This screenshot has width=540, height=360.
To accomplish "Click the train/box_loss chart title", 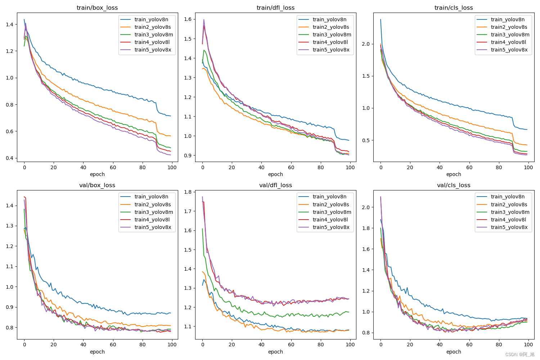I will [x=97, y=8].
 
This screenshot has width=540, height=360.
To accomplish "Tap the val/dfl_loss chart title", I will [x=275, y=185].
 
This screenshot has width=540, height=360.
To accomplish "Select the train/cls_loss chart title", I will [x=454, y=8].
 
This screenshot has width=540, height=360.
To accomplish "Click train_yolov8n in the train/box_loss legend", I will [x=151, y=19].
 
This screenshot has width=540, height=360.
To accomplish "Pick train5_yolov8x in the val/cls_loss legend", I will [x=509, y=227].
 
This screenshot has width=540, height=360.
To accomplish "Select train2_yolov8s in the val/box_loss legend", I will [x=153, y=204].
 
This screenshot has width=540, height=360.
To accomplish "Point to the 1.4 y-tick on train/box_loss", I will [x=9, y=24].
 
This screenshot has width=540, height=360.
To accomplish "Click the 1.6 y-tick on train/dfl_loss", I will [x=188, y=19].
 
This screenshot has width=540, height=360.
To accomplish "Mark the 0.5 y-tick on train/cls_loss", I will [x=366, y=140].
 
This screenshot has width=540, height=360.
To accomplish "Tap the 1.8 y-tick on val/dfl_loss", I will [x=188, y=192].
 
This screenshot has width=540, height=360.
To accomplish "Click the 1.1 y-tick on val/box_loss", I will [x=9, y=267].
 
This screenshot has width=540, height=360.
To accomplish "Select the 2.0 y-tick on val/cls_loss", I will [x=366, y=207].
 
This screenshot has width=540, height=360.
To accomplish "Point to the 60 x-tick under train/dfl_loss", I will [x=291, y=167].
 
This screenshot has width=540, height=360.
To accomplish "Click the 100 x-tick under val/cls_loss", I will [x=528, y=345].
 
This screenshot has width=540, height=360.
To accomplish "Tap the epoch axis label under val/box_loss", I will [x=97, y=352].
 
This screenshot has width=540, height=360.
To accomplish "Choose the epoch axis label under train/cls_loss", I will [x=454, y=174].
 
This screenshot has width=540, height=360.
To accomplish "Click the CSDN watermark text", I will [x=520, y=355].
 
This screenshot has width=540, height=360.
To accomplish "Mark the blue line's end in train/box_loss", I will [x=171, y=116].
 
